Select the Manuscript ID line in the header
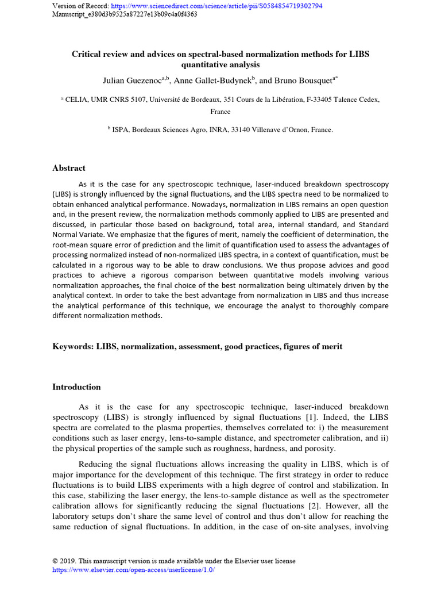pyautogui.click(x=125, y=14)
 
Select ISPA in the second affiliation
pyautogui.click(x=121, y=130)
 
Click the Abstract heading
pyautogui.click(x=69, y=168)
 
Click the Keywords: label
pyautogui.click(x=73, y=347)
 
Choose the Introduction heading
pyautogui.click(x=76, y=387)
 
